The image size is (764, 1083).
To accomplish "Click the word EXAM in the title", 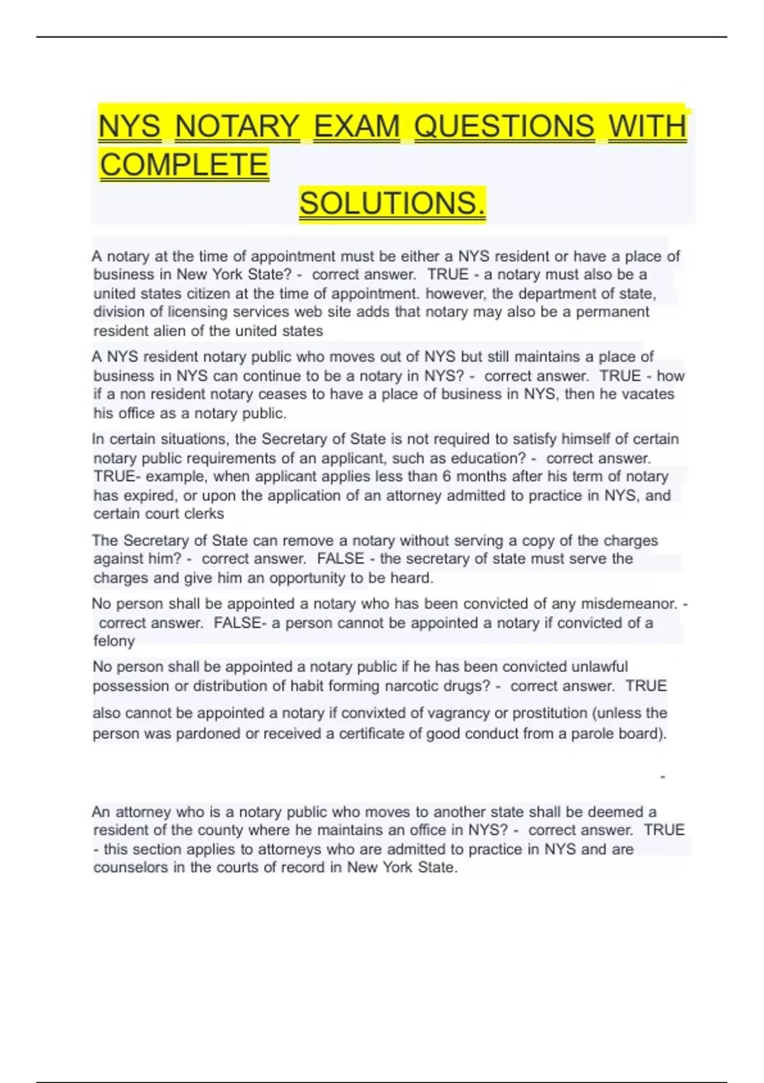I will [357, 126].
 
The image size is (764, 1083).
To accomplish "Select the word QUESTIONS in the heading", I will [504, 126].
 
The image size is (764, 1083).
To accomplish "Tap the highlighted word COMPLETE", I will [184, 165].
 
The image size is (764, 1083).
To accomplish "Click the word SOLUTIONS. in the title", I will [392, 204].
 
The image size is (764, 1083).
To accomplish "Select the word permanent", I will [612, 312].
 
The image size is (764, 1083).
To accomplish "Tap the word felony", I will [114, 642].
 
